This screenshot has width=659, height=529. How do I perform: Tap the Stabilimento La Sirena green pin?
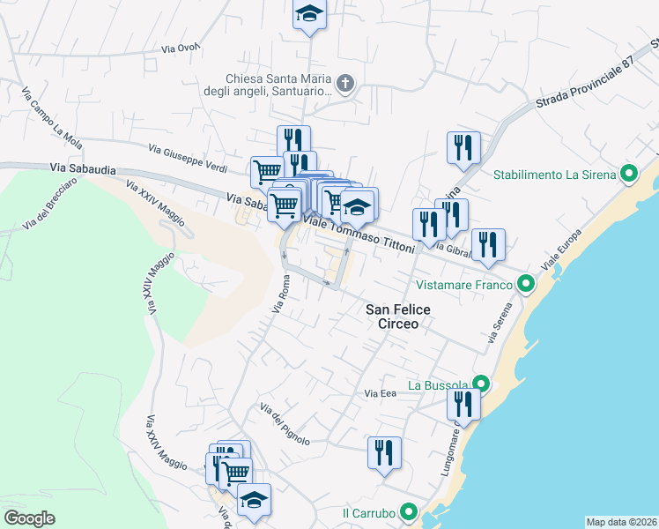tap(629, 174)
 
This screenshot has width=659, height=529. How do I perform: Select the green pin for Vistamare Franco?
tap(526, 284)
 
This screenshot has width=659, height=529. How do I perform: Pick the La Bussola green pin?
tap(480, 384)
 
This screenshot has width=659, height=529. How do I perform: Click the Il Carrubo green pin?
tap(408, 512)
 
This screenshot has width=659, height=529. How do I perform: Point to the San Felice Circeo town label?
tap(391, 317)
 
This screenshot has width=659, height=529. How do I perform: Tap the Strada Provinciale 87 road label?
tap(584, 86)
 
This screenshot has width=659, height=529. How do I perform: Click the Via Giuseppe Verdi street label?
tap(187, 158)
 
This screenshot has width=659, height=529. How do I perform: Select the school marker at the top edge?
tap(309, 13)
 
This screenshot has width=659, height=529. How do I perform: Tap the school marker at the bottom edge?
tap(254, 500)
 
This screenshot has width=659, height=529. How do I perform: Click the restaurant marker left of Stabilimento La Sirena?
tap(463, 146)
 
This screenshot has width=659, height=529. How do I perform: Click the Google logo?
tap(29, 518)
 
